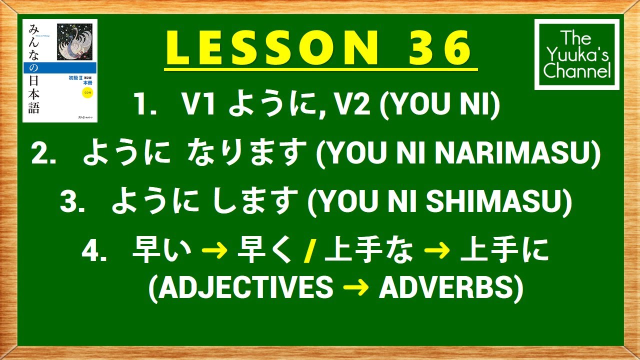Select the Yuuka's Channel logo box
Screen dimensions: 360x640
pyautogui.click(x=576, y=54)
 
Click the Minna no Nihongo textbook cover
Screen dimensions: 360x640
pyautogui.click(x=60, y=70)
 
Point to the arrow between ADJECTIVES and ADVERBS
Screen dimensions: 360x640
pyautogui.click(x=355, y=288)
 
